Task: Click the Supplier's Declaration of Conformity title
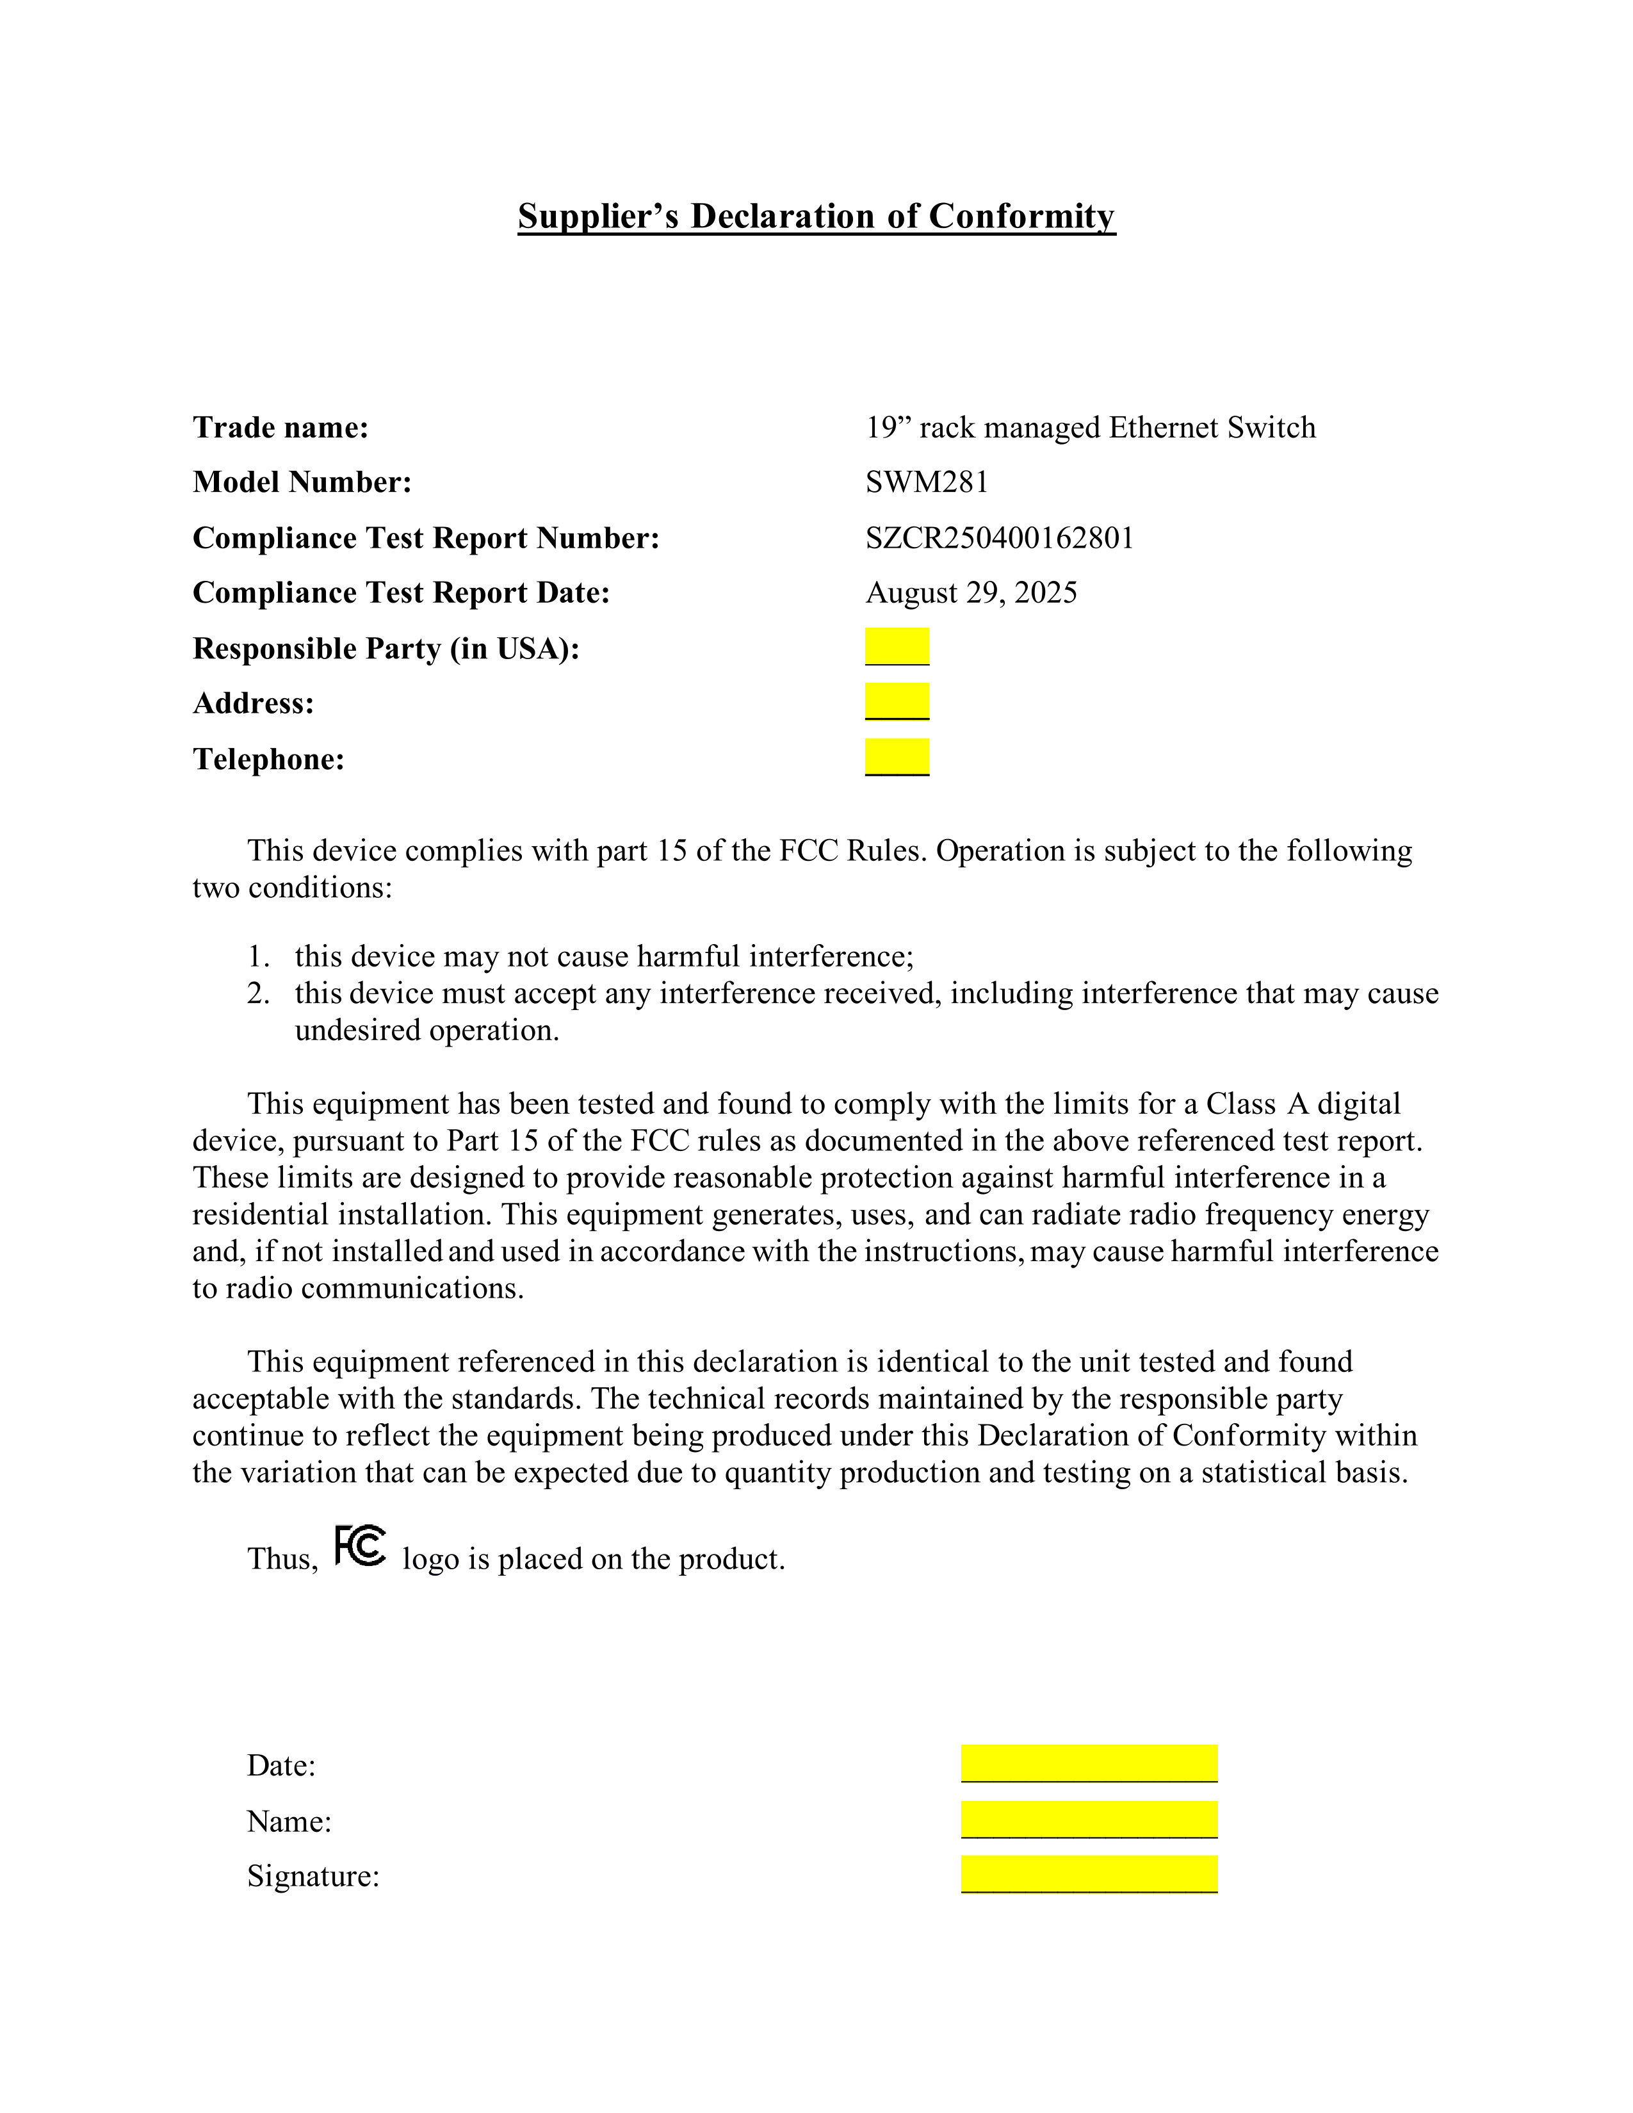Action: click(x=815, y=216)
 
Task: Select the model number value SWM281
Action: click(x=927, y=482)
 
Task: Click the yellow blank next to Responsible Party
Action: click(x=897, y=646)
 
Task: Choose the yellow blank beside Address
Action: click(x=897, y=701)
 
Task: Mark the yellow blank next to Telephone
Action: click(x=897, y=756)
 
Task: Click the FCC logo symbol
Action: click(x=360, y=1546)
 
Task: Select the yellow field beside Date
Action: click(x=1088, y=1763)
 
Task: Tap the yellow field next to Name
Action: click(x=1088, y=1819)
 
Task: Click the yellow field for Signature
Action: click(x=1088, y=1874)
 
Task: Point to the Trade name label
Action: click(x=280, y=427)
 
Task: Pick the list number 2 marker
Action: click(x=257, y=993)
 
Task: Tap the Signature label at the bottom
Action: click(x=313, y=1876)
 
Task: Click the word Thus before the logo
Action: click(x=282, y=1558)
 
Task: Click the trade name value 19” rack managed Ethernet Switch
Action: click(x=1091, y=427)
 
